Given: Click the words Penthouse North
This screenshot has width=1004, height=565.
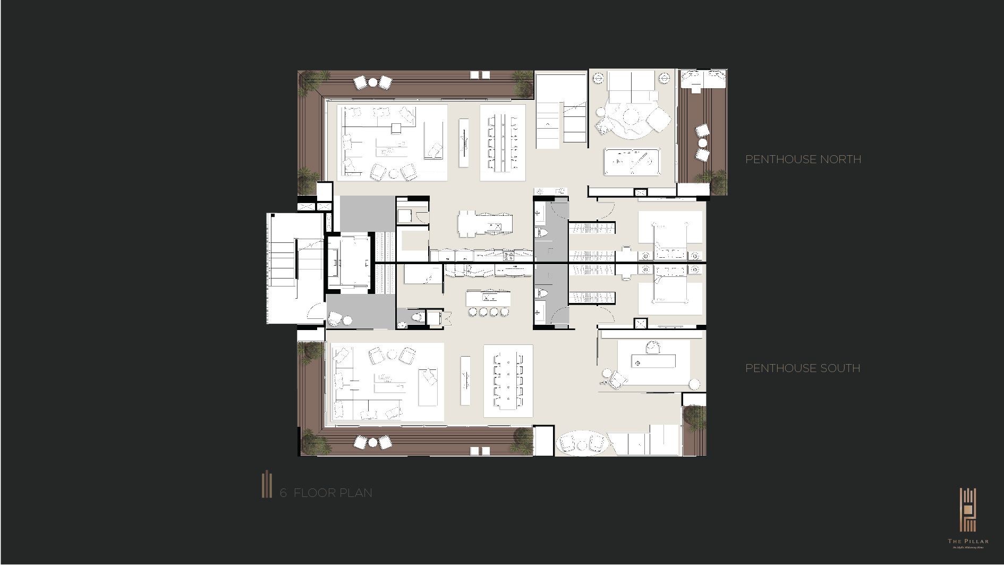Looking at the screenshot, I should tap(803, 159).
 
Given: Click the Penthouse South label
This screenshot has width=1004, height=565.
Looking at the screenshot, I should tap(802, 368).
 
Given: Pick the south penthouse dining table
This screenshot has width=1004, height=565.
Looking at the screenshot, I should tap(508, 382).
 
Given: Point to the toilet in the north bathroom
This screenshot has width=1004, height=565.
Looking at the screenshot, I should tap(542, 233).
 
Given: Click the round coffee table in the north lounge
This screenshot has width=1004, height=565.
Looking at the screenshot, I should tap(631, 116).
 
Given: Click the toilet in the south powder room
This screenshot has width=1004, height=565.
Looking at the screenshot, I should tap(417, 318).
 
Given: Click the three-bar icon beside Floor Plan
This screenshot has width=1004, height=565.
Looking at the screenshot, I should tap(266, 484).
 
